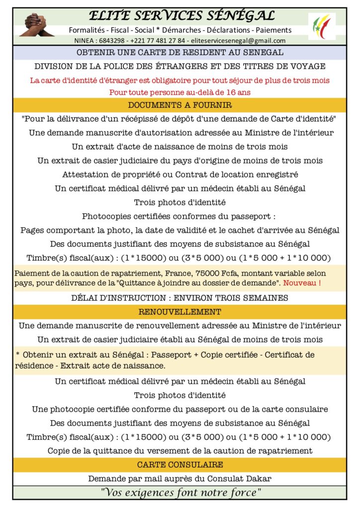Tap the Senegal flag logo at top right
[x=322, y=26]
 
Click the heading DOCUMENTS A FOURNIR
[x=180, y=105]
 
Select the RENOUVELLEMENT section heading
[x=180, y=312]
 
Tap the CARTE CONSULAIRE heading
[x=180, y=465]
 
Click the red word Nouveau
[x=302, y=282]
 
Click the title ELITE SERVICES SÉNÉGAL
[x=180, y=16]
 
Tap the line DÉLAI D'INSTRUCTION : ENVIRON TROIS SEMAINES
[x=180, y=298]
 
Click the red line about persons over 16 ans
[x=180, y=92]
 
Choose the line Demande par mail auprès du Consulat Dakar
[x=180, y=479]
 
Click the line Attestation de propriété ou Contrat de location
[x=180, y=174]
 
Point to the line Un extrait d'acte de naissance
[x=180, y=147]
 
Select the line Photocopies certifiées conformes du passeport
[x=180, y=216]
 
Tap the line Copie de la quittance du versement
[x=180, y=451]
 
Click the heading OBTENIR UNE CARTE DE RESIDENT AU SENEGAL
[x=180, y=52]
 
